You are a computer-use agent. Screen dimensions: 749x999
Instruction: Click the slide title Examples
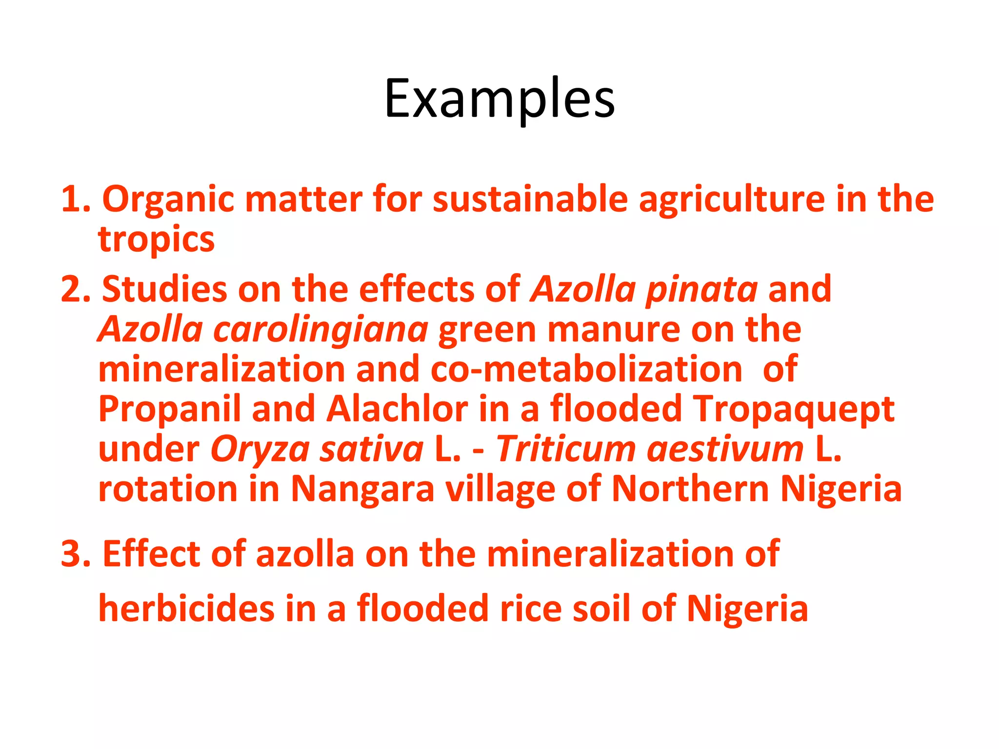point(499,99)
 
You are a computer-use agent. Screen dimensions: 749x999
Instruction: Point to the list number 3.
point(75,554)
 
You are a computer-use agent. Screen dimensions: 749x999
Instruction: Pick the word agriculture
point(732,200)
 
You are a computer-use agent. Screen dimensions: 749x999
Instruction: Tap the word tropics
point(156,240)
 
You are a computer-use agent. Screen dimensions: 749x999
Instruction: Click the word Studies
point(164,289)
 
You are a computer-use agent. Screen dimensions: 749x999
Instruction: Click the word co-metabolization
point(586,369)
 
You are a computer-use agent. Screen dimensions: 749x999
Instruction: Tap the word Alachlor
point(397,409)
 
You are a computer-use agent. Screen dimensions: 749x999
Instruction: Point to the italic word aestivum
point(725,449)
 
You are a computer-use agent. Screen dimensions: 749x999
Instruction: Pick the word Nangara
point(362,489)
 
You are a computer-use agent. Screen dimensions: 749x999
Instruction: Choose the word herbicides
point(186,609)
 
